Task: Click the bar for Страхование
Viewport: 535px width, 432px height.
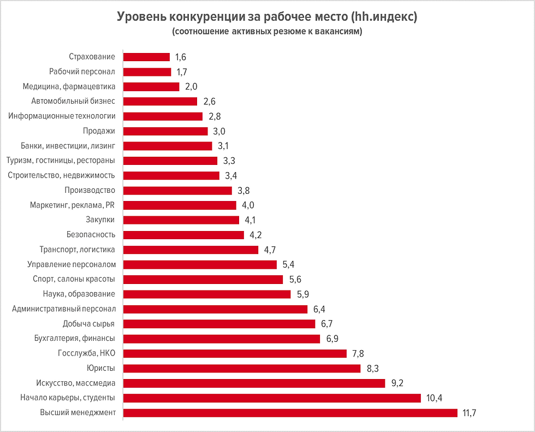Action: pyautogui.click(x=146, y=57)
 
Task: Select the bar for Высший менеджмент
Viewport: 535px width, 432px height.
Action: pyautogui.click(x=290, y=412)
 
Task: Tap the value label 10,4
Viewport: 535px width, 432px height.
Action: pyautogui.click(x=434, y=398)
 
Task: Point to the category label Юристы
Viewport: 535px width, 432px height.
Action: pyautogui.click(x=101, y=368)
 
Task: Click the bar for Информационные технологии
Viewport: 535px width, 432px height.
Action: pyautogui.click(x=163, y=116)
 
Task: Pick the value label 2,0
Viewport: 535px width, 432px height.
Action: pyautogui.click(x=192, y=87)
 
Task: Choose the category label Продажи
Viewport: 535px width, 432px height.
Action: pyautogui.click(x=99, y=131)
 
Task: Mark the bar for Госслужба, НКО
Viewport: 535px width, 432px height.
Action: pyautogui.click(x=235, y=353)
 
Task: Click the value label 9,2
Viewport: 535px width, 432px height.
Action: pyautogui.click(x=399, y=383)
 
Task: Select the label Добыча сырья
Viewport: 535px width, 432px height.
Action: pyautogui.click(x=89, y=323)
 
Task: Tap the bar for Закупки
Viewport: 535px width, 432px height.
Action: pyautogui.click(x=181, y=220)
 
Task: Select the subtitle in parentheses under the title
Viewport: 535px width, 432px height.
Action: pyautogui.click(x=267, y=32)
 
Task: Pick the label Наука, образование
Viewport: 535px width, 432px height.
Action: pyautogui.click(x=79, y=294)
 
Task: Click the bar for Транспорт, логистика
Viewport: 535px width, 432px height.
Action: pyautogui.click(x=191, y=250)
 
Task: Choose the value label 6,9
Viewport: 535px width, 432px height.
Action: pyautogui.click(x=332, y=339)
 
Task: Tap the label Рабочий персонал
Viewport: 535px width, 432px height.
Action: pyautogui.click(x=82, y=72)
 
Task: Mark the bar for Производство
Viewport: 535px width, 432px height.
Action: pyautogui.click(x=177, y=191)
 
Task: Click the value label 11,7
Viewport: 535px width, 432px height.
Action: pyautogui.click(x=470, y=413)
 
